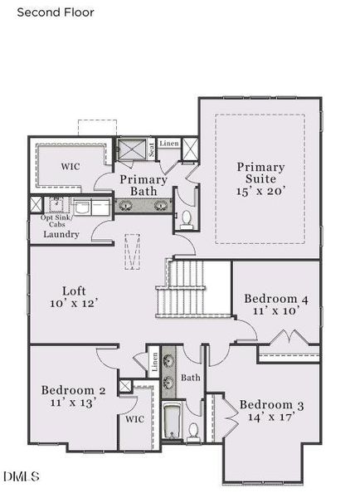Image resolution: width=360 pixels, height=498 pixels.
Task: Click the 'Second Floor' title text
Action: pos(56,12)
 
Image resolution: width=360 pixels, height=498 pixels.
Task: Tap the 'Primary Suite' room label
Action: pos(260,172)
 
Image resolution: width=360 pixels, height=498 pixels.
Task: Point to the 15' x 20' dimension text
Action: pos(260,190)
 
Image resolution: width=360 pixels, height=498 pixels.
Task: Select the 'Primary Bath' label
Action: pos(143,185)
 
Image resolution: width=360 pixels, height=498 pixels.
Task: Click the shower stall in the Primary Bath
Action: pos(130,150)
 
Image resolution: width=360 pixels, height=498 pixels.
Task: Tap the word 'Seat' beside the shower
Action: pos(152,150)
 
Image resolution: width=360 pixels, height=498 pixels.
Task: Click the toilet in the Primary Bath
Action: pos(187,218)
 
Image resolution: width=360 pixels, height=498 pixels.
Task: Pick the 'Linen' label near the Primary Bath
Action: pos(168,144)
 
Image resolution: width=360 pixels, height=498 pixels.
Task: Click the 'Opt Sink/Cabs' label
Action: pos(56,221)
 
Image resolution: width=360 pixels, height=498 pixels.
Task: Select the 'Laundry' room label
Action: pos(61,235)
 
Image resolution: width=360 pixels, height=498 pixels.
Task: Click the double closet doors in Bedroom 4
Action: pos(287,338)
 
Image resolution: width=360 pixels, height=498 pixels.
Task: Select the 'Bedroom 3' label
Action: pos(271,404)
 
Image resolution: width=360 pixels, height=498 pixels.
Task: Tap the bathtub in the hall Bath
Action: pos(172,422)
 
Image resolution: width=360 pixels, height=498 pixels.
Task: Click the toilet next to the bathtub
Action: pos(192,430)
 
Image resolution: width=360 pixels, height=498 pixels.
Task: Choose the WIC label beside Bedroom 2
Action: pos(135,419)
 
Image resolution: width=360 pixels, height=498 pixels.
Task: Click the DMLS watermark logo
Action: pos(21,476)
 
